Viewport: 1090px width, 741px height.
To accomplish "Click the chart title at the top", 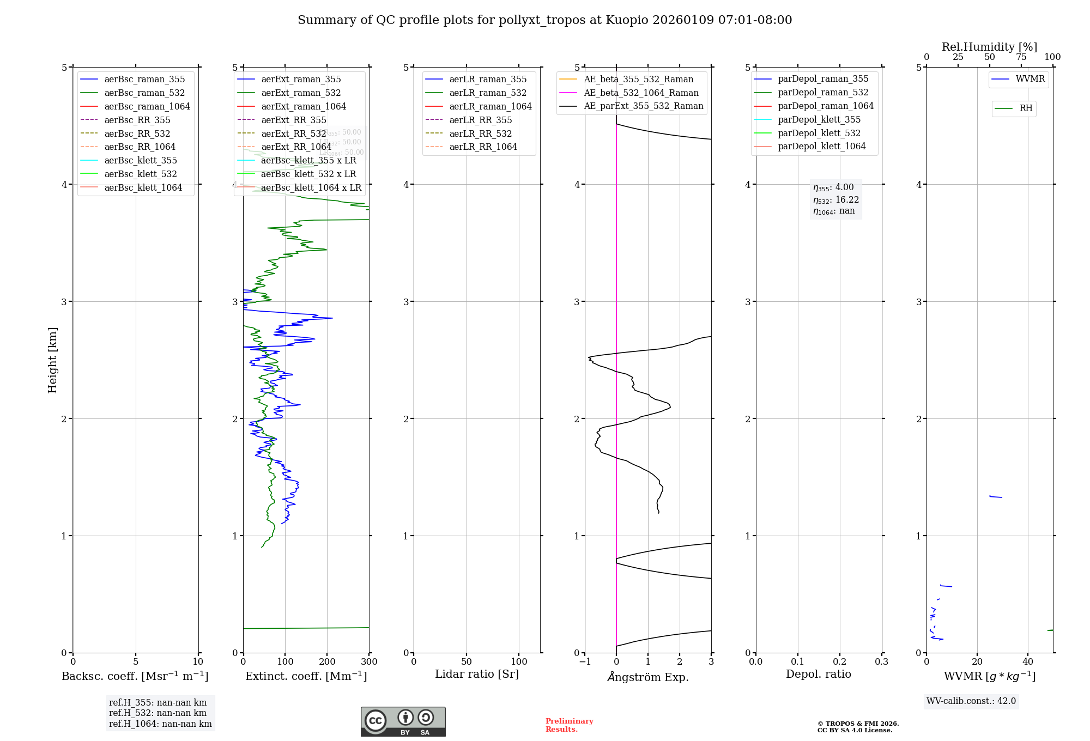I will point(544,20).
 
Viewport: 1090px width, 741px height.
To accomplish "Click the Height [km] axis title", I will point(52,360).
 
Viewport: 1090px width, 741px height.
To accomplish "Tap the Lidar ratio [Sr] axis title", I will point(477,674).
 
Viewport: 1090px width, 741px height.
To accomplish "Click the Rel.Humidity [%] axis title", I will point(989,47).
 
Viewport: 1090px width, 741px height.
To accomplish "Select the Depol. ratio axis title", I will point(818,674).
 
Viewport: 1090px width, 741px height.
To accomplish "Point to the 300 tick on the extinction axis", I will point(369,662).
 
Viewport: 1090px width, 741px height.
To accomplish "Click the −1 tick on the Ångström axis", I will point(585,662).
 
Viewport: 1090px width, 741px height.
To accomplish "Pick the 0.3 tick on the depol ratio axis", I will point(881,662).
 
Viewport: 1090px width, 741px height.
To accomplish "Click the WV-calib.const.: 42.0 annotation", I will point(971,701).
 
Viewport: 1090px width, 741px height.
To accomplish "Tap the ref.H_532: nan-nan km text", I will point(158,713).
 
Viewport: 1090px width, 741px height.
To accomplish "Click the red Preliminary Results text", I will point(569,725).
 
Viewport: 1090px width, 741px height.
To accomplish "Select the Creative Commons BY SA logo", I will point(403,721).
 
